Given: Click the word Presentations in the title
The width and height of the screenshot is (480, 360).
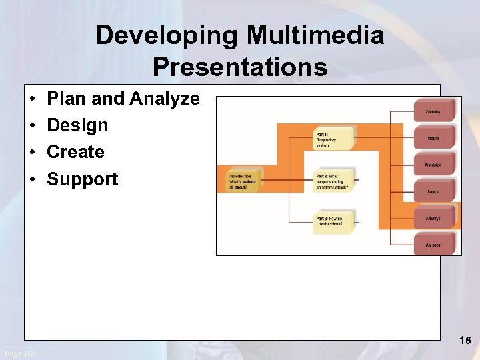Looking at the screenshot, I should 240,67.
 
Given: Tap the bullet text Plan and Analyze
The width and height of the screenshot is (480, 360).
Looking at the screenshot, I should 123,99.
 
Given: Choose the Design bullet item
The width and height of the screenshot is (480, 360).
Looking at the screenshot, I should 77,125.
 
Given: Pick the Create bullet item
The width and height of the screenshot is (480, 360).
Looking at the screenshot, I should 75,152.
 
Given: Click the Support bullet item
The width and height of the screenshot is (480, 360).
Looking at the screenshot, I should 82,179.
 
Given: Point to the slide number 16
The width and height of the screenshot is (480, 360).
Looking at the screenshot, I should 465,341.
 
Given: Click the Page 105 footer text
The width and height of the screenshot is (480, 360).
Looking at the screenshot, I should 20,353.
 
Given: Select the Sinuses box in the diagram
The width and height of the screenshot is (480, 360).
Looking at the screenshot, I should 434,111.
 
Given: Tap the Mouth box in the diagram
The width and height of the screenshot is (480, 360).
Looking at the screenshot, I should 434,138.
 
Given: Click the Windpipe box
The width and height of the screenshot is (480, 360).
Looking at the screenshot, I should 434,165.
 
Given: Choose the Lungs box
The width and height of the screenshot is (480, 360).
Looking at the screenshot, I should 434,191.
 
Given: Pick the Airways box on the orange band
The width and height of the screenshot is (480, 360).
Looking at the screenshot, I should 434,218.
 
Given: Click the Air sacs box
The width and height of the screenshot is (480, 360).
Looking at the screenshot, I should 434,245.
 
